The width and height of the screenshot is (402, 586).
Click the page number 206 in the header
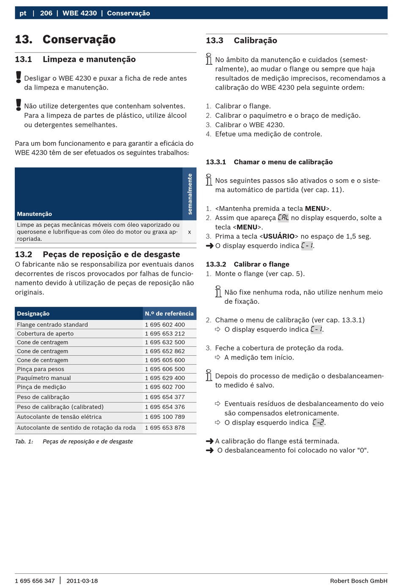click(46, 13)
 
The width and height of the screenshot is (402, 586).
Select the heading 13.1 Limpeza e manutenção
click(75, 60)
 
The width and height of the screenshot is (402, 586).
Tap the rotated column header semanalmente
click(190, 194)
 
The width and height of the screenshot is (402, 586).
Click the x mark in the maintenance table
click(189, 232)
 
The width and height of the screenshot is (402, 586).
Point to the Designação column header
click(33, 313)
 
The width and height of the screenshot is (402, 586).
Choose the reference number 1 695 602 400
click(165, 324)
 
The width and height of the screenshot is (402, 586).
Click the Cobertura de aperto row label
click(45, 333)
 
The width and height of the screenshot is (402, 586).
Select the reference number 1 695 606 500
click(165, 369)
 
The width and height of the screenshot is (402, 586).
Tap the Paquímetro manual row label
click(44, 378)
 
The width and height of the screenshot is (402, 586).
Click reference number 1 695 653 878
click(165, 428)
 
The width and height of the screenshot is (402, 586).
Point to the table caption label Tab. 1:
click(24, 442)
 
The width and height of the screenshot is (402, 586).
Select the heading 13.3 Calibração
click(241, 41)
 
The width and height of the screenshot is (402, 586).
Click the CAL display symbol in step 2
click(283, 218)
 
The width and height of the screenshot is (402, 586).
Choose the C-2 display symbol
click(318, 422)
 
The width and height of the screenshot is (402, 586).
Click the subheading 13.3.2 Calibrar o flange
click(248, 264)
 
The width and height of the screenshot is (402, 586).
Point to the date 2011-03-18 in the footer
click(82, 581)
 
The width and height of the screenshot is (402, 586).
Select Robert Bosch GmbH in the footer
click(358, 581)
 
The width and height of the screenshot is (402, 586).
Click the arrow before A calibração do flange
click(209, 441)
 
